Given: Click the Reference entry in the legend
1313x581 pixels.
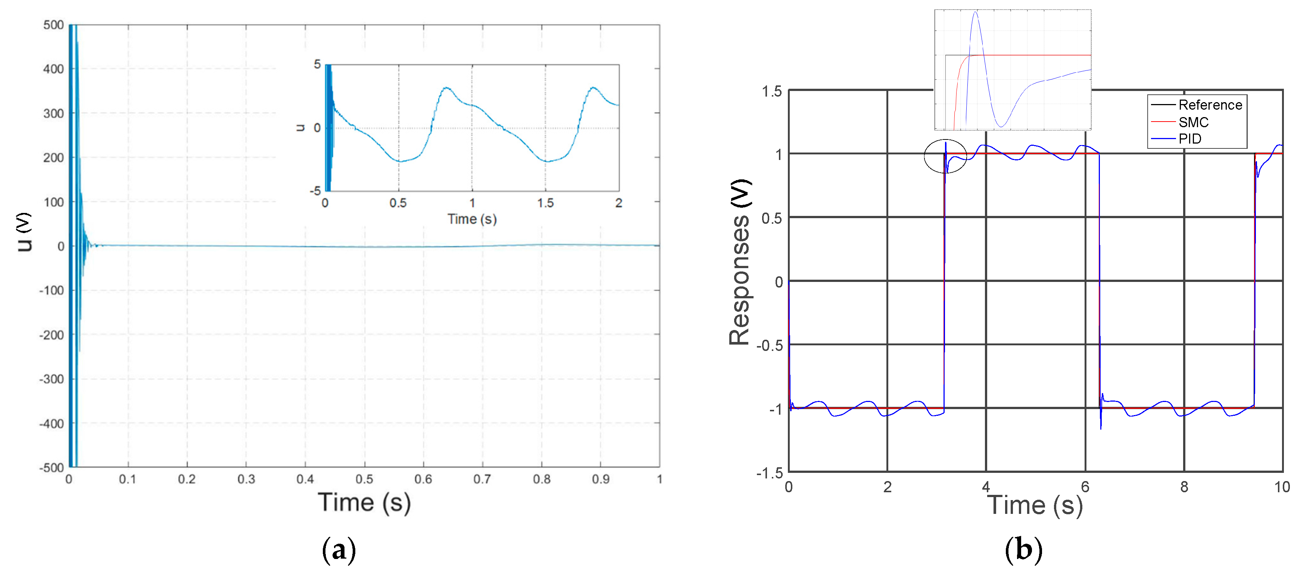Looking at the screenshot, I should pyautogui.click(x=1210, y=105).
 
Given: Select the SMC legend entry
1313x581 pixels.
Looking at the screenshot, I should pyautogui.click(x=1193, y=122).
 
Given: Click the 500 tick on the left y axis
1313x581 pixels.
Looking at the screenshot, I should pyautogui.click(x=53, y=25).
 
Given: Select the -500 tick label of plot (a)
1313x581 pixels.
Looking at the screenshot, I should pyautogui.click(x=52, y=468).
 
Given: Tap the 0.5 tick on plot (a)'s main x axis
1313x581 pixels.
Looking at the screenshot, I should pyautogui.click(x=364, y=479).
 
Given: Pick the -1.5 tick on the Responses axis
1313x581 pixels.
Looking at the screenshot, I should pyautogui.click(x=769, y=473).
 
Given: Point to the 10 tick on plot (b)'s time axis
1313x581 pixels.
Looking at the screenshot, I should pyautogui.click(x=1282, y=487).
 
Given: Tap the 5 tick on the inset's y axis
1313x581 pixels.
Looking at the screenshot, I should pyautogui.click(x=317, y=64).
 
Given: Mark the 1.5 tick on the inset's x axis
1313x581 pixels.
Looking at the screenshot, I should pyautogui.click(x=545, y=203).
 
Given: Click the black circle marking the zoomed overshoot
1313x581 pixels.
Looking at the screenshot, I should pyautogui.click(x=945, y=156).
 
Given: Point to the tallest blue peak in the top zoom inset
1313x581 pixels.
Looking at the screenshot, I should pyautogui.click(x=975, y=12).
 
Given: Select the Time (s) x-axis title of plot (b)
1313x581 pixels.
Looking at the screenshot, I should pyautogui.click(x=1035, y=506).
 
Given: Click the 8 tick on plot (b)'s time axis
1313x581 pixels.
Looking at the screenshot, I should pyautogui.click(x=1184, y=487).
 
